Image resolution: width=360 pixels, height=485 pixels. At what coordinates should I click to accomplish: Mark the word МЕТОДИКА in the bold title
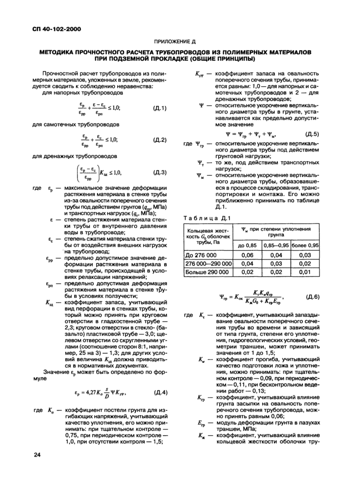click(x=65, y=52)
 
